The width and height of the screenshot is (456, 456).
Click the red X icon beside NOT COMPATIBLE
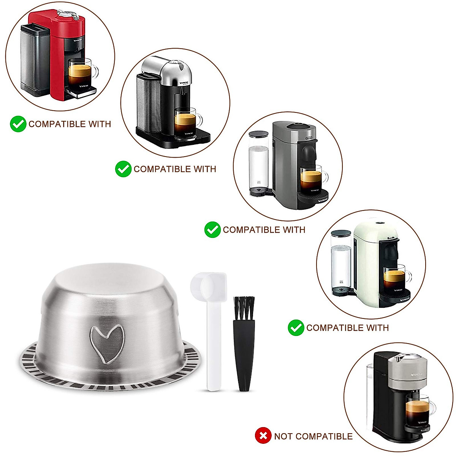(x=263, y=436)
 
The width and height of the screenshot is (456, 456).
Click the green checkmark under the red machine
(x=18, y=124)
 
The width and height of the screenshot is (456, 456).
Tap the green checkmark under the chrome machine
(x=123, y=169)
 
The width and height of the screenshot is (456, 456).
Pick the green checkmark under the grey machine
(x=212, y=230)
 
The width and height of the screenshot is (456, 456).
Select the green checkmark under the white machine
(x=296, y=328)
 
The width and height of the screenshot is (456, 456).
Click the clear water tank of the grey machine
(x=259, y=163)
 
